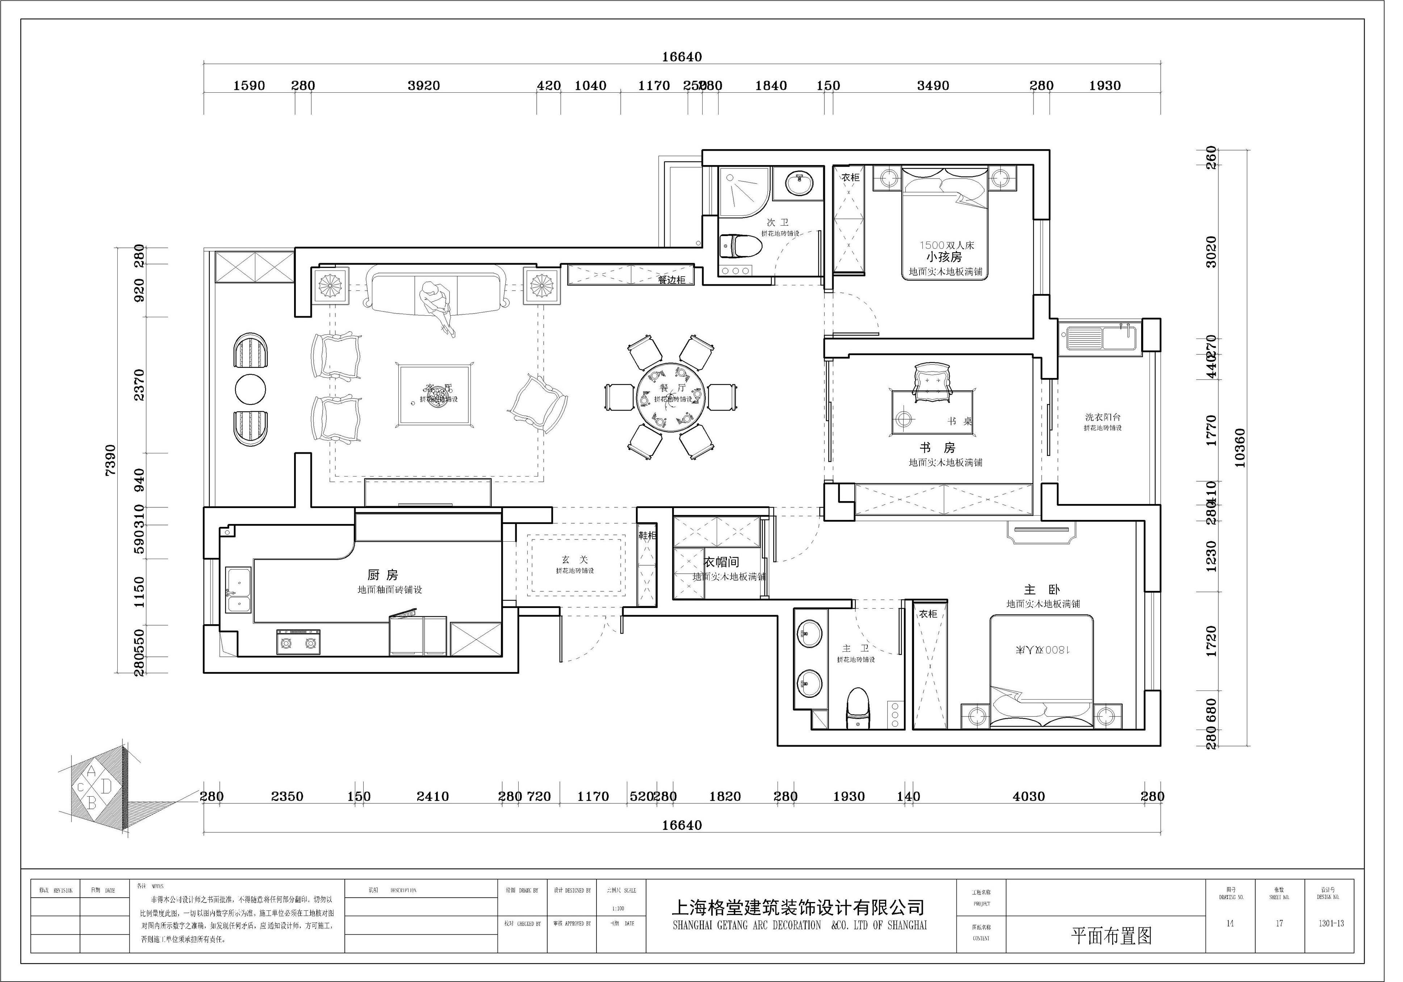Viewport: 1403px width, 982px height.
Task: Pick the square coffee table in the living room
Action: [x=435, y=394]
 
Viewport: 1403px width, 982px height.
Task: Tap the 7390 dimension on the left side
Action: [x=110, y=459]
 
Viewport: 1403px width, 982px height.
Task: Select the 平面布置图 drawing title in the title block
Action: [x=1111, y=936]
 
